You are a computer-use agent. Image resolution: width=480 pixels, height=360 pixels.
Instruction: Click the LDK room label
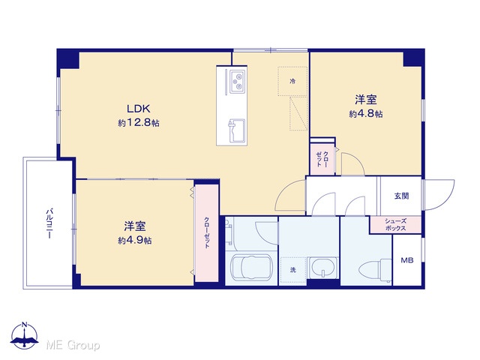pyautogui.click(x=138, y=109)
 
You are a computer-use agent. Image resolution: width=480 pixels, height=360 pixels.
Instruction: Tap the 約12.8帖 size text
pyautogui.click(x=139, y=123)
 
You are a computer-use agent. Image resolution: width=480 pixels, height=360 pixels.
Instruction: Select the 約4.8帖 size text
pyautogui.click(x=366, y=114)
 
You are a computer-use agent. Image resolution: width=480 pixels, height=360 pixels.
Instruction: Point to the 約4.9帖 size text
pyautogui.click(x=135, y=241)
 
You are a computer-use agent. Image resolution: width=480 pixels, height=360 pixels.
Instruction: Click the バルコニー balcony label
pyautogui.click(x=49, y=223)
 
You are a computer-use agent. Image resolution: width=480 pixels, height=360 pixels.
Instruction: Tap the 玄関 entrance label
pyautogui.click(x=401, y=196)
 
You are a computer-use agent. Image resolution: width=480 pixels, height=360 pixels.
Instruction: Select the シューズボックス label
pyautogui.click(x=395, y=225)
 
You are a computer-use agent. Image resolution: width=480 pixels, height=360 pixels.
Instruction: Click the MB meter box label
pyautogui.click(x=407, y=260)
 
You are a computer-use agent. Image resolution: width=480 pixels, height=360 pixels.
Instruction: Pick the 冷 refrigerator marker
pyautogui.click(x=293, y=81)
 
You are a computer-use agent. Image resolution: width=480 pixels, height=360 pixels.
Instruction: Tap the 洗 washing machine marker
pyautogui.click(x=293, y=270)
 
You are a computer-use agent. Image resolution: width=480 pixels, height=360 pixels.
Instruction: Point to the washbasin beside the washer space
pyautogui.click(x=322, y=268)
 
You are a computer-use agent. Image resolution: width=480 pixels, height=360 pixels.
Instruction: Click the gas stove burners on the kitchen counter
pyautogui.click(x=238, y=82)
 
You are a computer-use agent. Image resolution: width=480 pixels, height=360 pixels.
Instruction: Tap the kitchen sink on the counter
pyautogui.click(x=236, y=131)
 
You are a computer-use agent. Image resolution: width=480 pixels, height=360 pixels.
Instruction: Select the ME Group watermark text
pyautogui.click(x=73, y=346)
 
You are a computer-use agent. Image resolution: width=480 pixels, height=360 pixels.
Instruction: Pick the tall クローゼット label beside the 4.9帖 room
pyautogui.click(x=207, y=232)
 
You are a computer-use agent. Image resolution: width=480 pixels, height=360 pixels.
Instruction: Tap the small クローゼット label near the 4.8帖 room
pyautogui.click(x=322, y=159)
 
